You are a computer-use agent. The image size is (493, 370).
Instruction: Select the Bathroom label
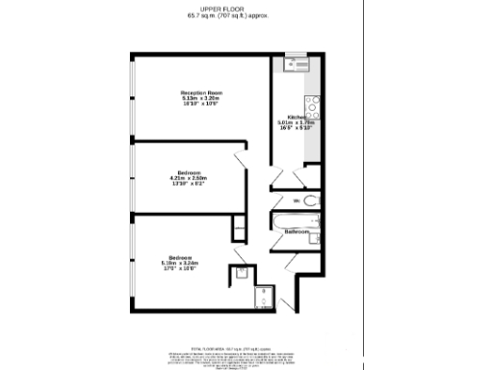tap(296, 232)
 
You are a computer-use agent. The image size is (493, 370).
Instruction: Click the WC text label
tap(298, 199)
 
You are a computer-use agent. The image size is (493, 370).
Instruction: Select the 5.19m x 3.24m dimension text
tap(181, 263)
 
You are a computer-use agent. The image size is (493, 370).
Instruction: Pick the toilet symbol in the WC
tap(310, 200)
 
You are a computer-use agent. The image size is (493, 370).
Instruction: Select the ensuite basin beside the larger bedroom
tap(242, 274)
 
